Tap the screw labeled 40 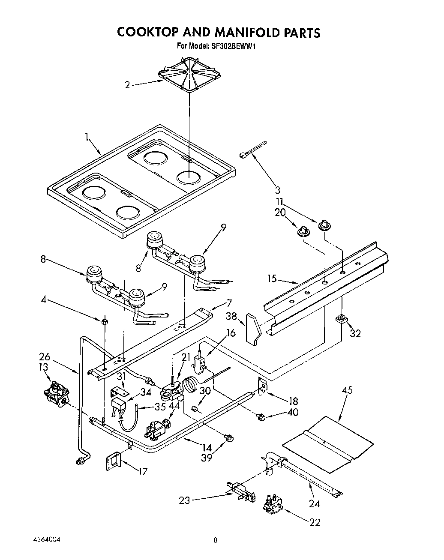click(x=261, y=416)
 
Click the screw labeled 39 click(x=229, y=437)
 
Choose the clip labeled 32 click(x=342, y=318)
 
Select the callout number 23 click(x=185, y=500)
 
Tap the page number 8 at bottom click(x=216, y=541)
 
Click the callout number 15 click(x=272, y=279)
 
